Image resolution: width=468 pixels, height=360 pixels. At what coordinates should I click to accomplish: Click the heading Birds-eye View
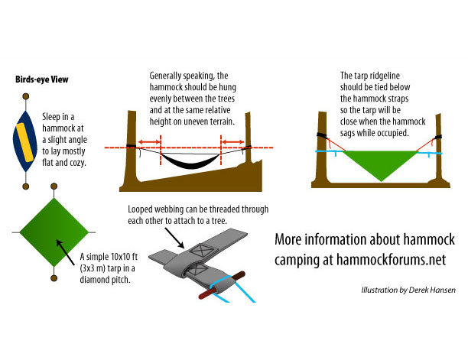pyautogui.click(x=42, y=79)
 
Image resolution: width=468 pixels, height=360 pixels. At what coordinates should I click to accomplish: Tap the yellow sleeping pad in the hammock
pyautogui.click(x=24, y=142)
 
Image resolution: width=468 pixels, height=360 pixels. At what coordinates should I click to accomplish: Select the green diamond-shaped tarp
pyautogui.click(x=54, y=232)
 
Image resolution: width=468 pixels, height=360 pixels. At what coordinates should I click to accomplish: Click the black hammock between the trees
pyautogui.click(x=190, y=161)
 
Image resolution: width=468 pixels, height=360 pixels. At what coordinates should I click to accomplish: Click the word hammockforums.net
pyautogui.click(x=392, y=259)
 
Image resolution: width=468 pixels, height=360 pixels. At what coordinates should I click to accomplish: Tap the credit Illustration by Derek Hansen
pyautogui.click(x=408, y=290)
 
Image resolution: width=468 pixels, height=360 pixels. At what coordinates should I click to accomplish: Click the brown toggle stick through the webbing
pyautogui.click(x=222, y=285)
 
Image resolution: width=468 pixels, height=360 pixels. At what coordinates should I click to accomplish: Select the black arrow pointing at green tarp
pyautogui.click(x=65, y=252)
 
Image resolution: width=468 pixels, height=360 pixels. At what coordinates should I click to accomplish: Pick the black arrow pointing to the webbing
pyautogui.click(x=174, y=238)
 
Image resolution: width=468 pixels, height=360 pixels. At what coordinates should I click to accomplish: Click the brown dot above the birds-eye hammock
pyautogui.click(x=26, y=96)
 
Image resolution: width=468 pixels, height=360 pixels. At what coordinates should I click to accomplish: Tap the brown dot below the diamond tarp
pyautogui.click(x=54, y=278)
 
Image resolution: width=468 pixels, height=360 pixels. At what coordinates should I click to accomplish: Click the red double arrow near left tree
pyautogui.click(x=149, y=142)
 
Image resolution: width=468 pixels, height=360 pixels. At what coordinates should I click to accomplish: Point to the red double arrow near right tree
pyautogui.click(x=232, y=142)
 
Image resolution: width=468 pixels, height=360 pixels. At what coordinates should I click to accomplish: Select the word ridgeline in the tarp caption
pyautogui.click(x=385, y=76)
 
